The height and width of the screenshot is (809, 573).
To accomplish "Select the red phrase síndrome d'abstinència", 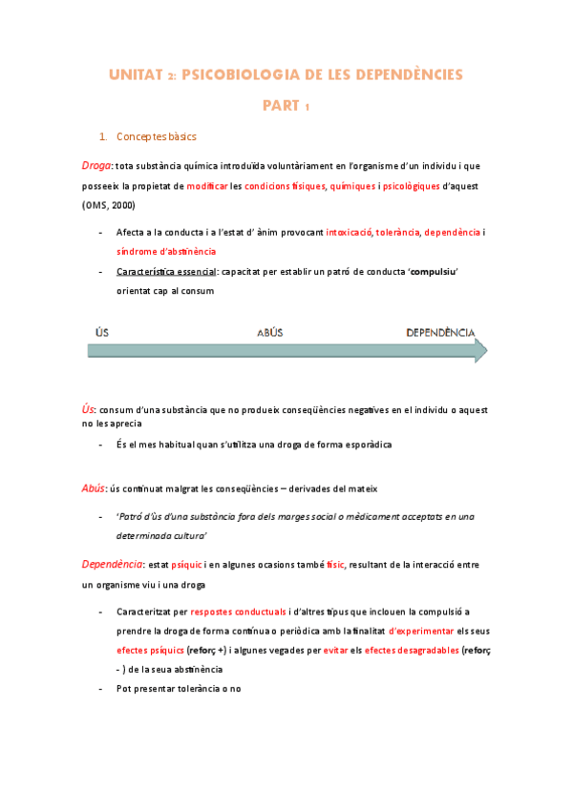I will [x=165, y=251].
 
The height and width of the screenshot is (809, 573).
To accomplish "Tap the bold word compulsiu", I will [x=432, y=272].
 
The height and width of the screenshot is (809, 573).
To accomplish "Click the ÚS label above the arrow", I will [x=102, y=333].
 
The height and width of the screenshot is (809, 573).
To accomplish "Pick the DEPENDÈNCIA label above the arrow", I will [x=440, y=333].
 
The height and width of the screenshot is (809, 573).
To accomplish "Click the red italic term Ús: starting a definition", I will [x=89, y=408].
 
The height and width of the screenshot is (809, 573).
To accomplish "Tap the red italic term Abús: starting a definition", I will [x=94, y=488].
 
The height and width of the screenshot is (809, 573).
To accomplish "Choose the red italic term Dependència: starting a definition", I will [x=113, y=564].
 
